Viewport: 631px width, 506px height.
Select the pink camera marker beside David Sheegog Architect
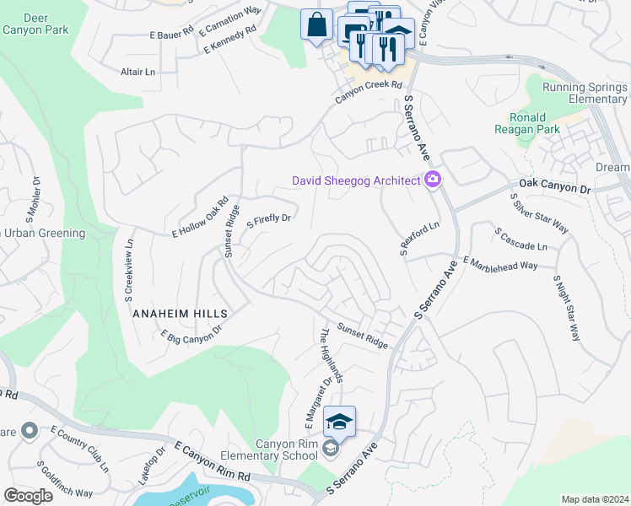434,179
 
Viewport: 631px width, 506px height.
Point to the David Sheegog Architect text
355,180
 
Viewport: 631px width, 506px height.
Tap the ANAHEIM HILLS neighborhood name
181,312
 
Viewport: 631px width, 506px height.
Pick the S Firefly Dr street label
268,221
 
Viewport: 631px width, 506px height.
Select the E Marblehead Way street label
500,263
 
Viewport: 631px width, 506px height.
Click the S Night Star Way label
567,307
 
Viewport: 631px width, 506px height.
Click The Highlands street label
330,355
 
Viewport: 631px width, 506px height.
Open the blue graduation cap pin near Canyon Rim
339,421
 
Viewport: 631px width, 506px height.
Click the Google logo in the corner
28,496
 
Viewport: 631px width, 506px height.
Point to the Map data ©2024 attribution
594,499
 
